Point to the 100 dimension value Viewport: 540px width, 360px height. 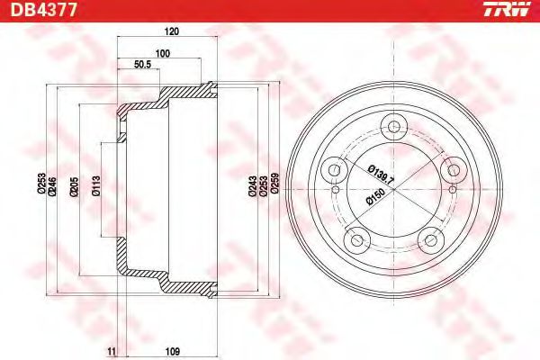(162, 54)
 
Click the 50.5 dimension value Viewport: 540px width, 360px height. (141, 66)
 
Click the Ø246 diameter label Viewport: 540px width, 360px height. (53, 186)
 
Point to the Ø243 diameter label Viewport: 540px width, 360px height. (251, 185)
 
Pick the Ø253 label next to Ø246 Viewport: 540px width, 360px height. (41, 186)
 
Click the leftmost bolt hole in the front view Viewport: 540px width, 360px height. (336, 168)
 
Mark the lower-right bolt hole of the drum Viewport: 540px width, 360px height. (430, 238)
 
